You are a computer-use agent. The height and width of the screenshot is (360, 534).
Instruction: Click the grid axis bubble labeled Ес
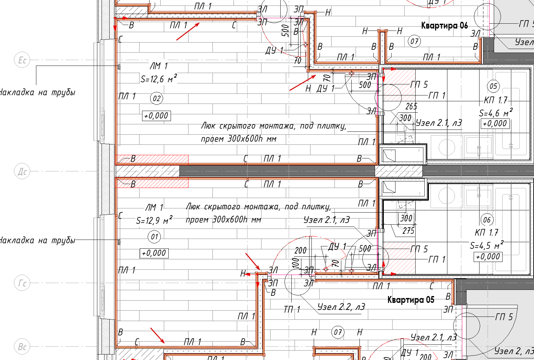tap(22, 60)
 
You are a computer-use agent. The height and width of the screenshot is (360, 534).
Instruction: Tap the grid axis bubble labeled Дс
tap(22, 171)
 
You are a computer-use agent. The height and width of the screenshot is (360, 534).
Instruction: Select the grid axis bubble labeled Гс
tap(22, 283)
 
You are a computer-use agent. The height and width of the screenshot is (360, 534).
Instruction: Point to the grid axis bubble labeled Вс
tap(22, 347)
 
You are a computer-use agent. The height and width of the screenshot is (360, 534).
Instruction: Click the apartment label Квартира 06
tap(444, 25)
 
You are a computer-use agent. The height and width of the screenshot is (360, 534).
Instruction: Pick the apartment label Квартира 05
tap(411, 300)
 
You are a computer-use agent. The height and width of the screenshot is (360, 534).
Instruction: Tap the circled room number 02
tap(157, 98)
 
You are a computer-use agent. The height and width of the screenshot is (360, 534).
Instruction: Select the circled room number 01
tap(154, 237)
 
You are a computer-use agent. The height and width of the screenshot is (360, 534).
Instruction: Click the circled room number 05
tap(493, 86)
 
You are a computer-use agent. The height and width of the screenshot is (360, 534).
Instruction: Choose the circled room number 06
tap(487, 220)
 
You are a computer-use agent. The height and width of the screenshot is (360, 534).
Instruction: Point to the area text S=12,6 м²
tap(159, 79)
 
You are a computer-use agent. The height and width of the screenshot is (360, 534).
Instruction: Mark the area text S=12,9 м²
tap(154, 220)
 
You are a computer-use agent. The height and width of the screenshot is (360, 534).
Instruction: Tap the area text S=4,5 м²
tap(487, 245)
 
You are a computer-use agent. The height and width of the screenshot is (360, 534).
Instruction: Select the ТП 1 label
tap(292, 310)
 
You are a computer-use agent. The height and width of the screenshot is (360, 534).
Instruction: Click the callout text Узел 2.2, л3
tap(341, 307)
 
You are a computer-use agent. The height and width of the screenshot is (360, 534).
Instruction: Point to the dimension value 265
tap(411, 106)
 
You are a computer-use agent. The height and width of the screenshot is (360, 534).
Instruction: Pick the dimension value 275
tap(408, 230)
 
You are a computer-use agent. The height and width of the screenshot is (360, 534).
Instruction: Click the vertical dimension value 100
tap(295, 263)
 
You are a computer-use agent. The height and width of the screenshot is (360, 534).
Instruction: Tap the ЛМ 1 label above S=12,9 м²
tap(154, 207)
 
